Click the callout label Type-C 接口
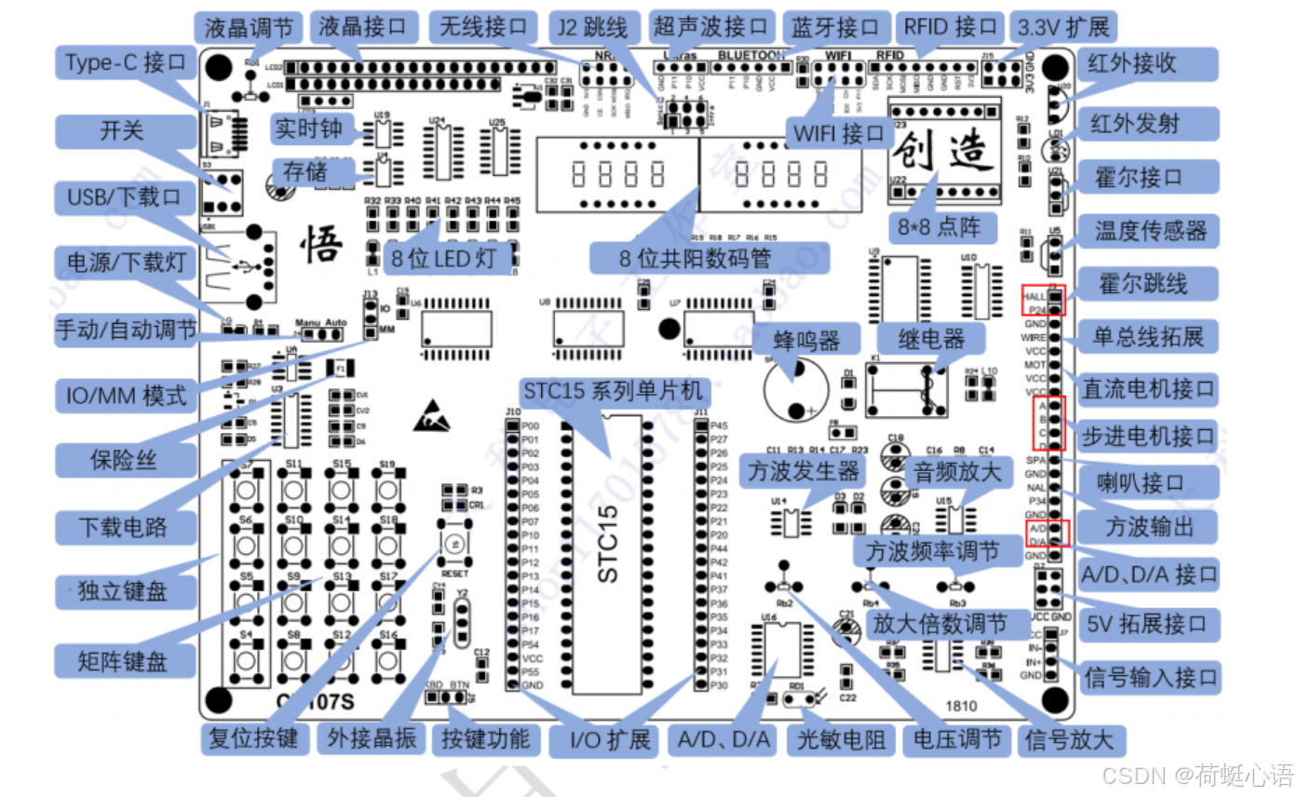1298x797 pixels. click(x=125, y=63)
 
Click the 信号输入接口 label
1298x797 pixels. click(x=1150, y=677)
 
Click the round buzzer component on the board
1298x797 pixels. click(x=794, y=390)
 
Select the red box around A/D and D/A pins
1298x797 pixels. click(x=1047, y=533)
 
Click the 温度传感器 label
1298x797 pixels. click(x=1150, y=229)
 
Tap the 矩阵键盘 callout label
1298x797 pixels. click(x=124, y=662)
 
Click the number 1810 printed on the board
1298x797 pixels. click(x=963, y=706)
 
